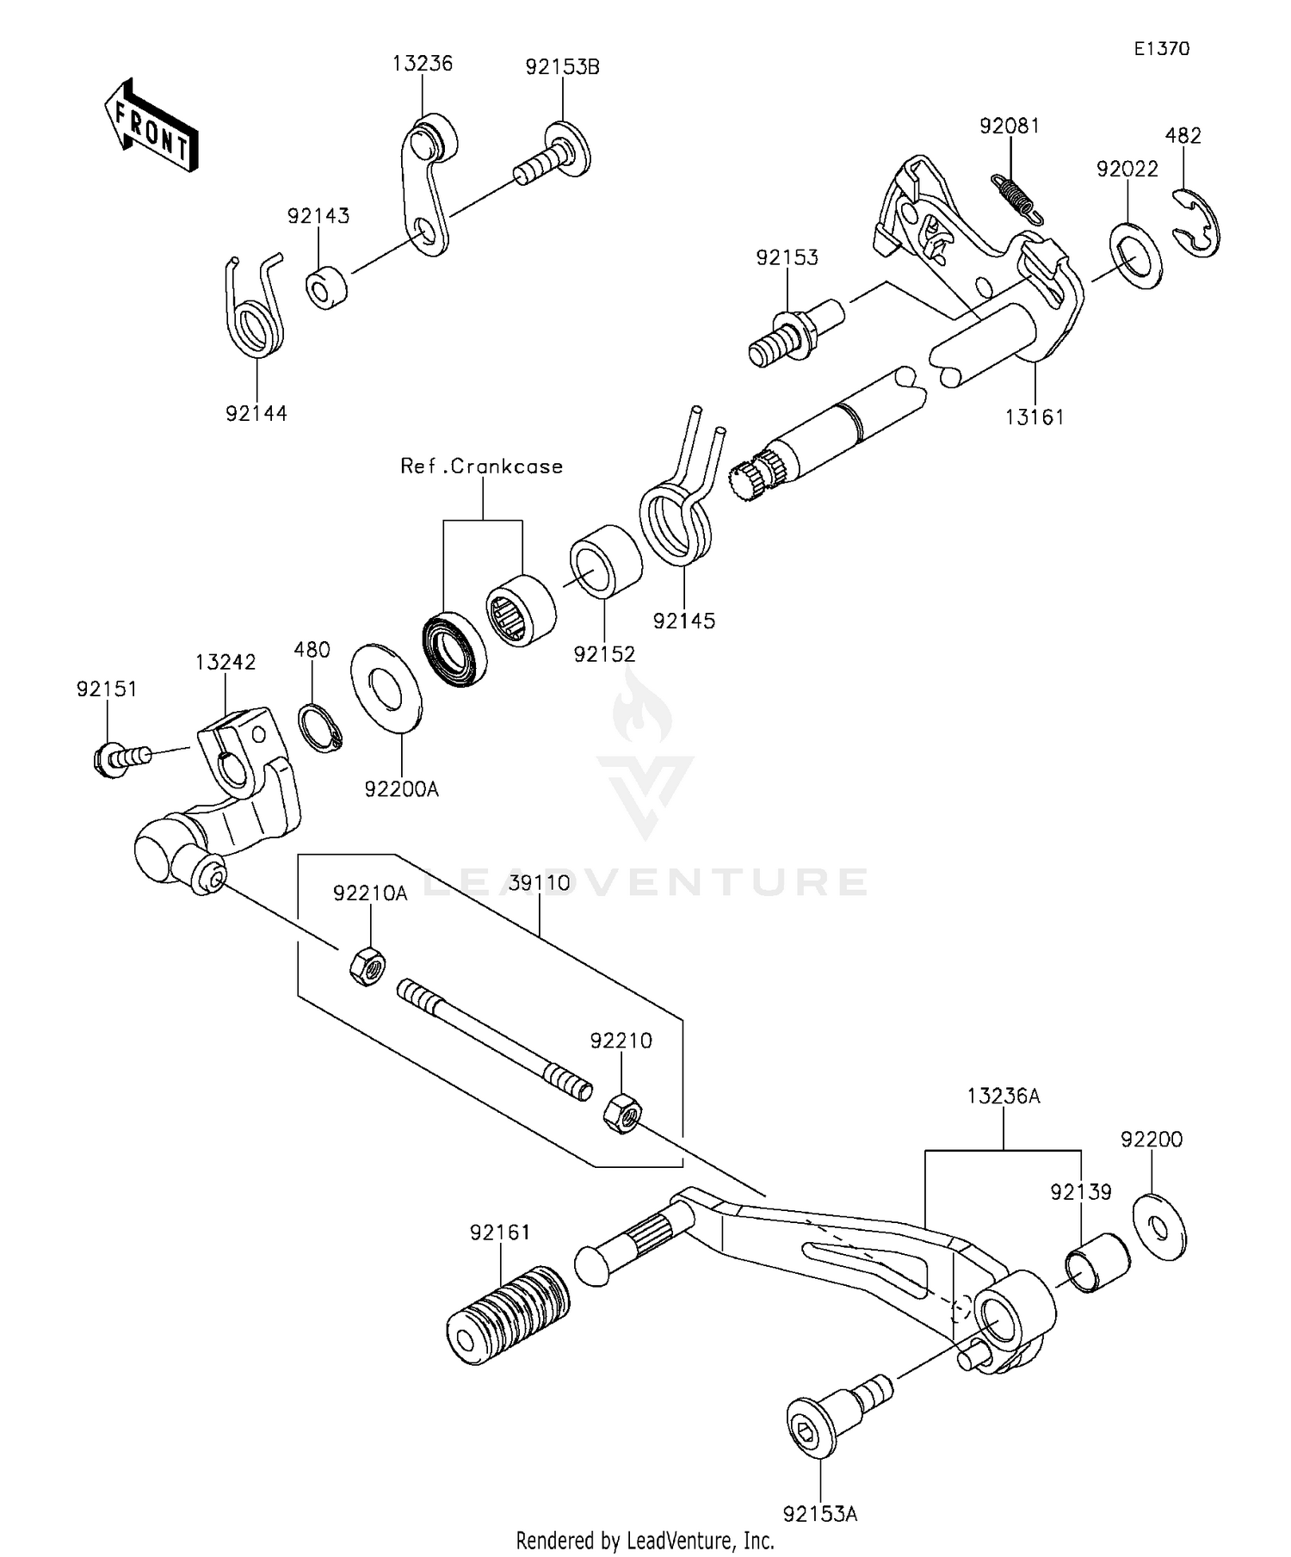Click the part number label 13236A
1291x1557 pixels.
(x=1003, y=1096)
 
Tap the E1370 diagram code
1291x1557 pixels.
(x=1161, y=49)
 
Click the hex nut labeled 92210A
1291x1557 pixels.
(x=367, y=967)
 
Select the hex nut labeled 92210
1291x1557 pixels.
(x=621, y=1114)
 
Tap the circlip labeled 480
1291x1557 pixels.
(x=320, y=727)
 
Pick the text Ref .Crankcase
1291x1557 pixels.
(x=481, y=466)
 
